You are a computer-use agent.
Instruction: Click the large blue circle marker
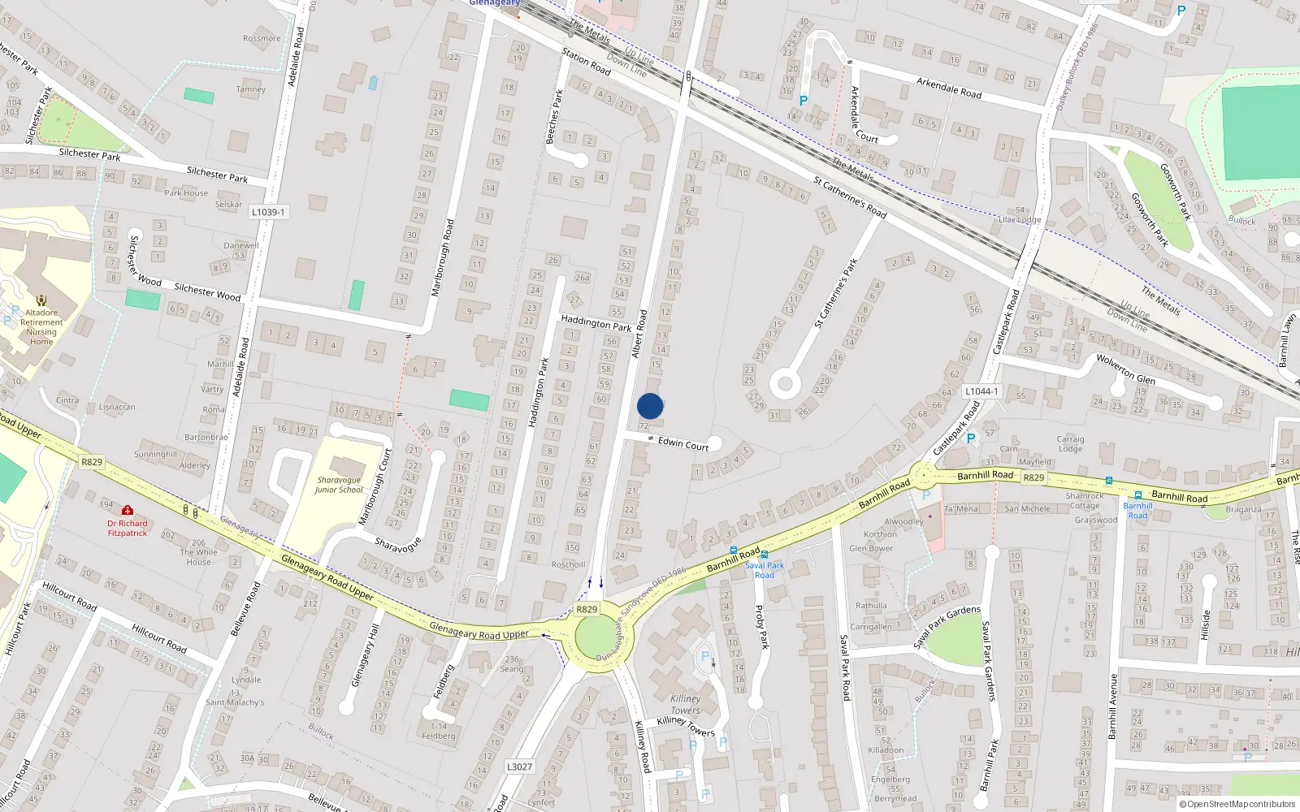pos(650,406)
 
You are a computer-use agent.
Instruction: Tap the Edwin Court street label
pos(683,443)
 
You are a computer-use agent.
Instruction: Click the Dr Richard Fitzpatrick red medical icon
pos(128,510)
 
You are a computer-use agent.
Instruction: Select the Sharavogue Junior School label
pos(340,485)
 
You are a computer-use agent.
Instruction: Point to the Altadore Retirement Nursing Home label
pos(41,326)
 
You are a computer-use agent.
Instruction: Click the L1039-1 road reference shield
pos(267,212)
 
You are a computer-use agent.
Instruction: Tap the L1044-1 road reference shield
pos(981,391)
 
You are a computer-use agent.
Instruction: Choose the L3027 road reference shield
pos(519,767)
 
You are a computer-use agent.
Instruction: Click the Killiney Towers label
pos(686,704)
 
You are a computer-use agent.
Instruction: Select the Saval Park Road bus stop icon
pos(765,555)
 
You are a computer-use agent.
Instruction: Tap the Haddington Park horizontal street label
pos(596,323)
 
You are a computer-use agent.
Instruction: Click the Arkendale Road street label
pos(948,88)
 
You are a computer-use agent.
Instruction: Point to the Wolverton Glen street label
pos(1125,369)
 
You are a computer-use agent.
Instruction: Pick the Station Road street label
pos(586,62)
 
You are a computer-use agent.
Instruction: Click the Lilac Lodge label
pos(1020,220)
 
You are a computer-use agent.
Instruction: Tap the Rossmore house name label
pos(262,38)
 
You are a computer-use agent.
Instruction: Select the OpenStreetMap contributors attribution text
pos(1237,804)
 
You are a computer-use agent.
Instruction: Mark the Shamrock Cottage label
pos(1085,500)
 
